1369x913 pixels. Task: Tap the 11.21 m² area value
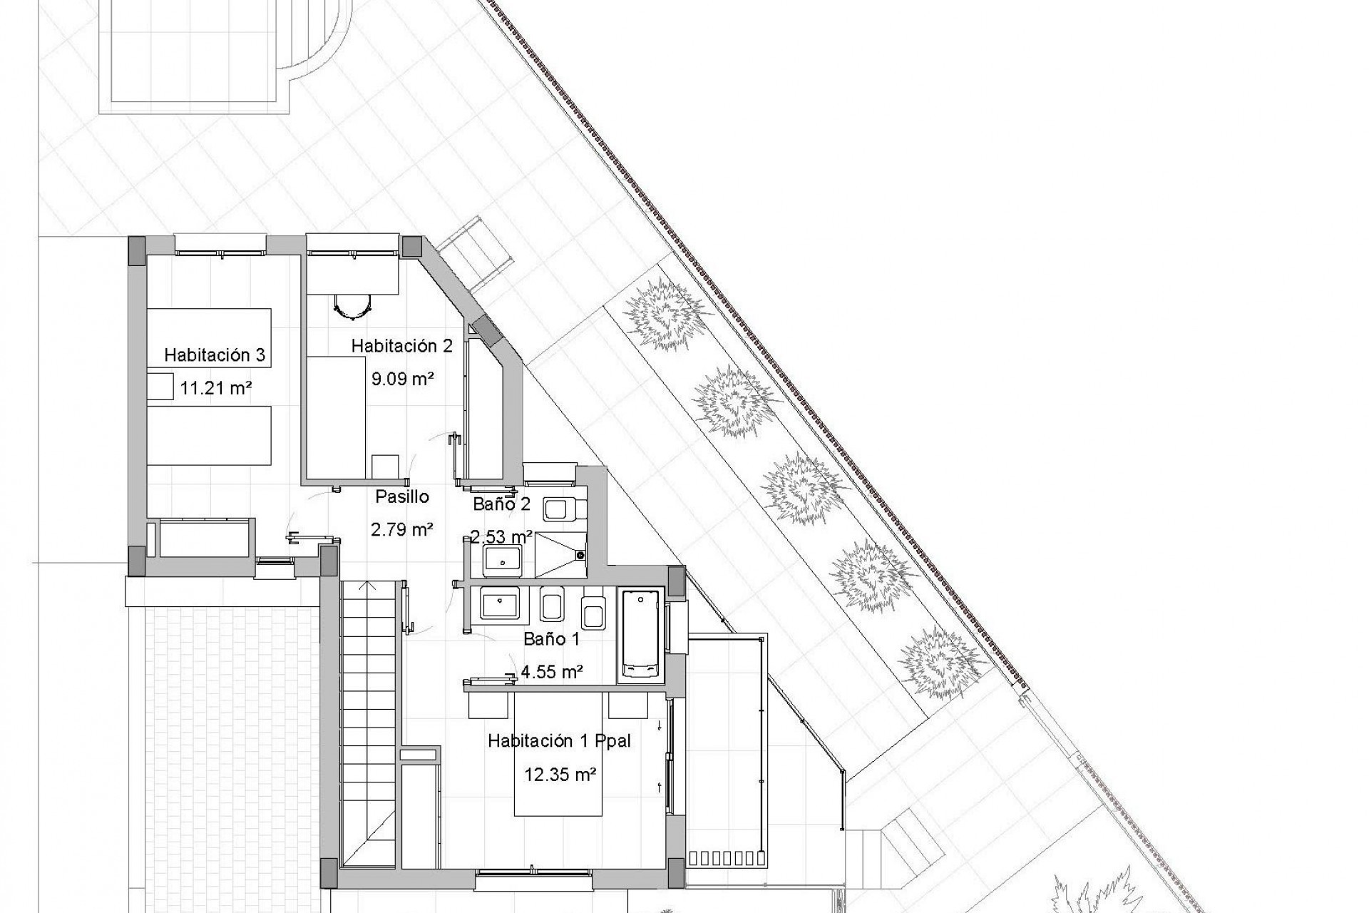tap(215, 388)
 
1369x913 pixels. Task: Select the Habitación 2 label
tap(401, 346)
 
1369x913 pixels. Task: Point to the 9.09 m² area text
tap(403, 378)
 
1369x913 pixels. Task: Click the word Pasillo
tap(402, 496)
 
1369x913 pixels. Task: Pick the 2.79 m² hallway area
tap(402, 529)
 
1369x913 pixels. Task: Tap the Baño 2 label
tap(501, 504)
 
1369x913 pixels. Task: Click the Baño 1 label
tap(551, 639)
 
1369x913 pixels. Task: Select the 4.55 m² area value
tap(553, 671)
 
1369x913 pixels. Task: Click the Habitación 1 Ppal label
tap(559, 741)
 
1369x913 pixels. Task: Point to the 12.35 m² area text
tap(560, 774)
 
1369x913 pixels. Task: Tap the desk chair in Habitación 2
tap(354, 306)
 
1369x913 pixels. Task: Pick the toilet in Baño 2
tap(563, 509)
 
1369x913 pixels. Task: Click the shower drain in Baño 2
tap(580, 554)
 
